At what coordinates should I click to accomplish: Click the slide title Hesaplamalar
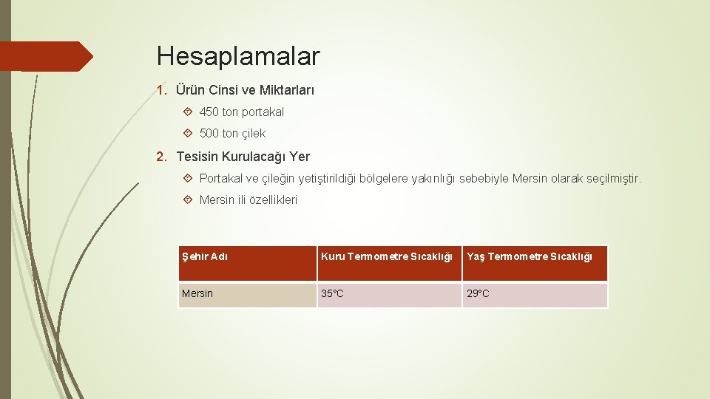tap(238, 56)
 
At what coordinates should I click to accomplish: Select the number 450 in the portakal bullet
tap(209, 112)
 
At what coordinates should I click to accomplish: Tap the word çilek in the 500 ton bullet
tap(253, 134)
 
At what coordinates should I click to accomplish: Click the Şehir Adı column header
tap(205, 257)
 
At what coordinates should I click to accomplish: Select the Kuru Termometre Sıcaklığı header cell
tap(386, 257)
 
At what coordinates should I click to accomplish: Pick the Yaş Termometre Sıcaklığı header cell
tap(530, 257)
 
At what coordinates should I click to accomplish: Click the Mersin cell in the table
tap(197, 294)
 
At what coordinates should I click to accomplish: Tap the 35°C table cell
tap(332, 294)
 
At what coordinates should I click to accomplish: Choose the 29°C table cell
tap(478, 294)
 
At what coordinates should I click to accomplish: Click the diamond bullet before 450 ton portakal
tap(188, 112)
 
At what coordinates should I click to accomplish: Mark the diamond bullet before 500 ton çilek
tap(188, 134)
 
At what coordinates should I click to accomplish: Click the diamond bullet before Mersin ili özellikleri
tap(188, 200)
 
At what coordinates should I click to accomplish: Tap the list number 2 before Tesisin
tap(160, 157)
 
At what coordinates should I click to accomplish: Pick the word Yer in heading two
tap(300, 157)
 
